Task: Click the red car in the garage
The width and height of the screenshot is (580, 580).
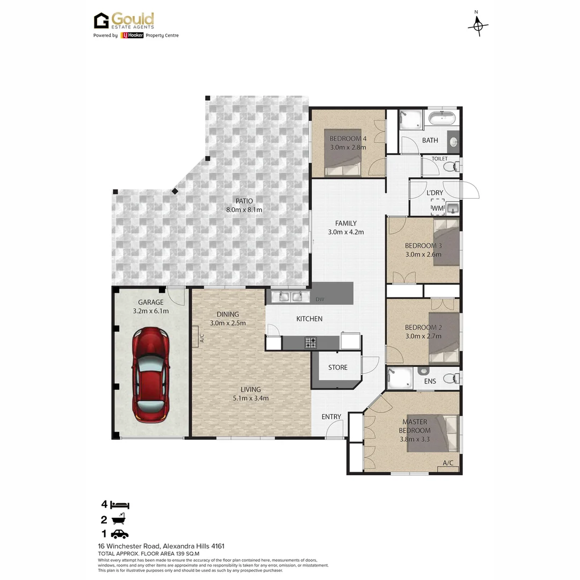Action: (151, 374)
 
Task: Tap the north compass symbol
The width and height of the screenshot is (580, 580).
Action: (477, 25)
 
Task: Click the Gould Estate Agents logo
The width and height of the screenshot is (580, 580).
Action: (125, 21)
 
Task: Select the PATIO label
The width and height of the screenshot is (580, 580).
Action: (243, 201)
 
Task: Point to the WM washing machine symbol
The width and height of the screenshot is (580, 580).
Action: (438, 207)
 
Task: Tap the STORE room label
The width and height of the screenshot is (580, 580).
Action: (338, 368)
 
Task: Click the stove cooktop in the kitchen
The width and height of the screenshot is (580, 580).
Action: (311, 342)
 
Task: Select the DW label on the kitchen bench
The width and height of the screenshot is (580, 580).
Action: (320, 300)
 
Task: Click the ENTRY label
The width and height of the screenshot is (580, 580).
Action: (331, 417)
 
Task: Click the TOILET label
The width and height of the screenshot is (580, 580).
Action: (439, 159)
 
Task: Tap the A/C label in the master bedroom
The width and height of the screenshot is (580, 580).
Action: (448, 463)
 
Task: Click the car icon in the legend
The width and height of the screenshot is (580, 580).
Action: (120, 534)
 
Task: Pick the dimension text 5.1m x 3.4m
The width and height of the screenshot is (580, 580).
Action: (251, 398)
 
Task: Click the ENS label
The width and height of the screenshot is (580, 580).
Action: (430, 381)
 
